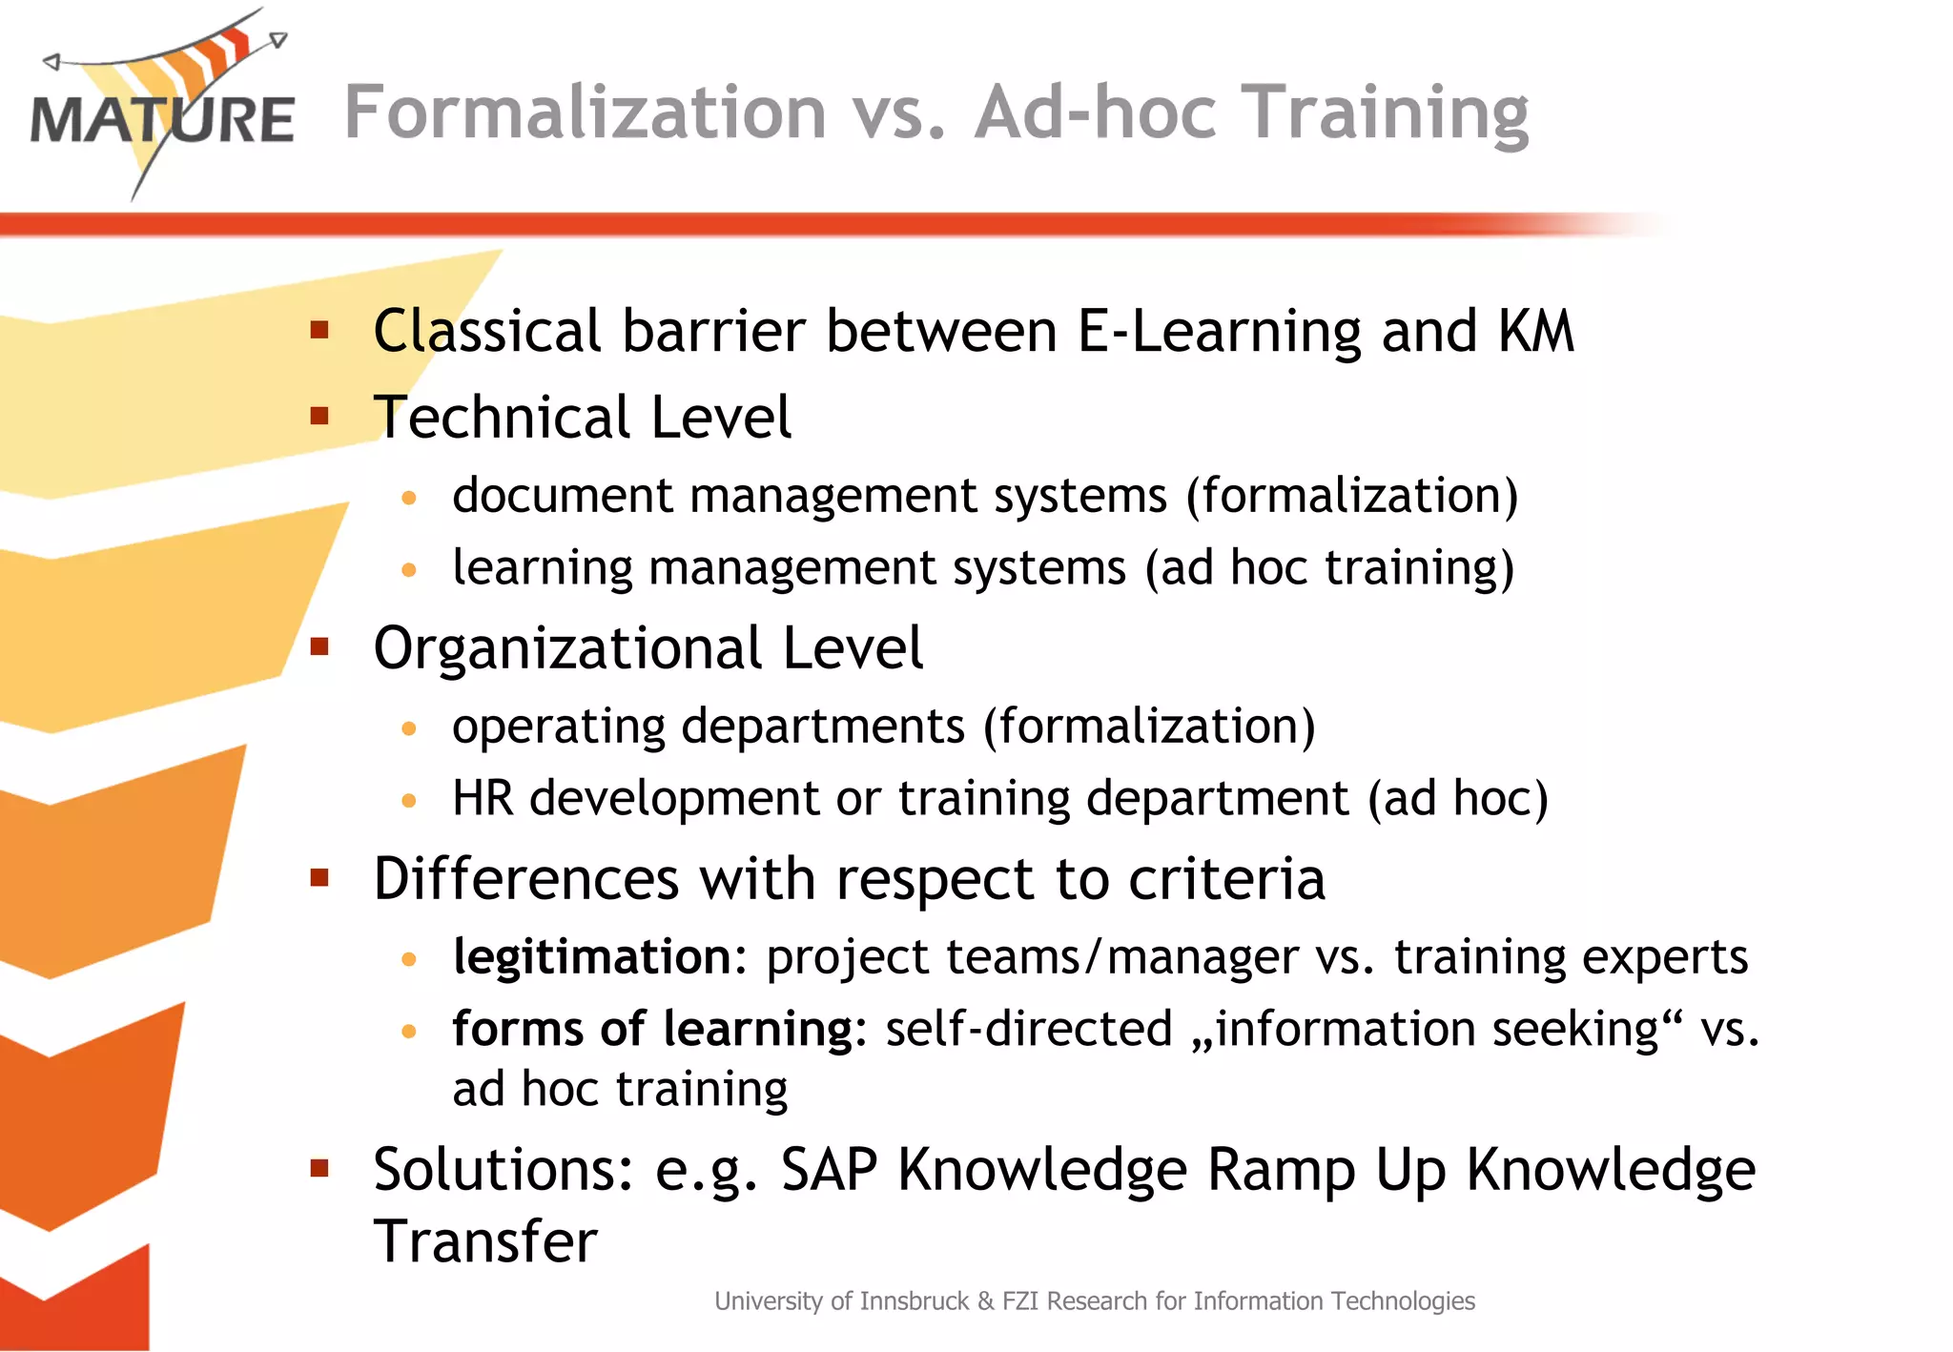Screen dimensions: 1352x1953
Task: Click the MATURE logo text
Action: pos(162,120)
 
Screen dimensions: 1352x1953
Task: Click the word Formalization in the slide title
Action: pos(584,113)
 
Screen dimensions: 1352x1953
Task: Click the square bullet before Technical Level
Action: pos(319,417)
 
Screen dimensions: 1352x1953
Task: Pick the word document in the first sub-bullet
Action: pos(562,496)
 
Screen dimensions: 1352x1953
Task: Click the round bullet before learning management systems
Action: pos(409,570)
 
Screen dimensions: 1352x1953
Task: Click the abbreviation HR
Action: pos(483,798)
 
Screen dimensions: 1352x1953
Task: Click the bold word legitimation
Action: pos(591,957)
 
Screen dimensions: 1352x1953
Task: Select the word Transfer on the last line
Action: pos(484,1241)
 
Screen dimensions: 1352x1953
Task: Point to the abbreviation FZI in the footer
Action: pos(1021,1301)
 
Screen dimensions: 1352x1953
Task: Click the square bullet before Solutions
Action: pos(319,1169)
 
